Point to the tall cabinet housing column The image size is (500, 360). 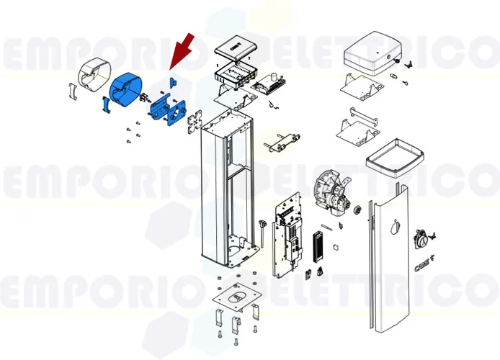pyautogui.click(x=225, y=187)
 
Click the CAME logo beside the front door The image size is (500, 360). pyautogui.click(x=424, y=268)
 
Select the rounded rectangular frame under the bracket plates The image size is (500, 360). pyautogui.click(x=393, y=156)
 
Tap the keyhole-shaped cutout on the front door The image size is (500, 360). pyautogui.click(x=392, y=229)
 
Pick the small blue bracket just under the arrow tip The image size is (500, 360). pyautogui.click(x=173, y=81)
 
